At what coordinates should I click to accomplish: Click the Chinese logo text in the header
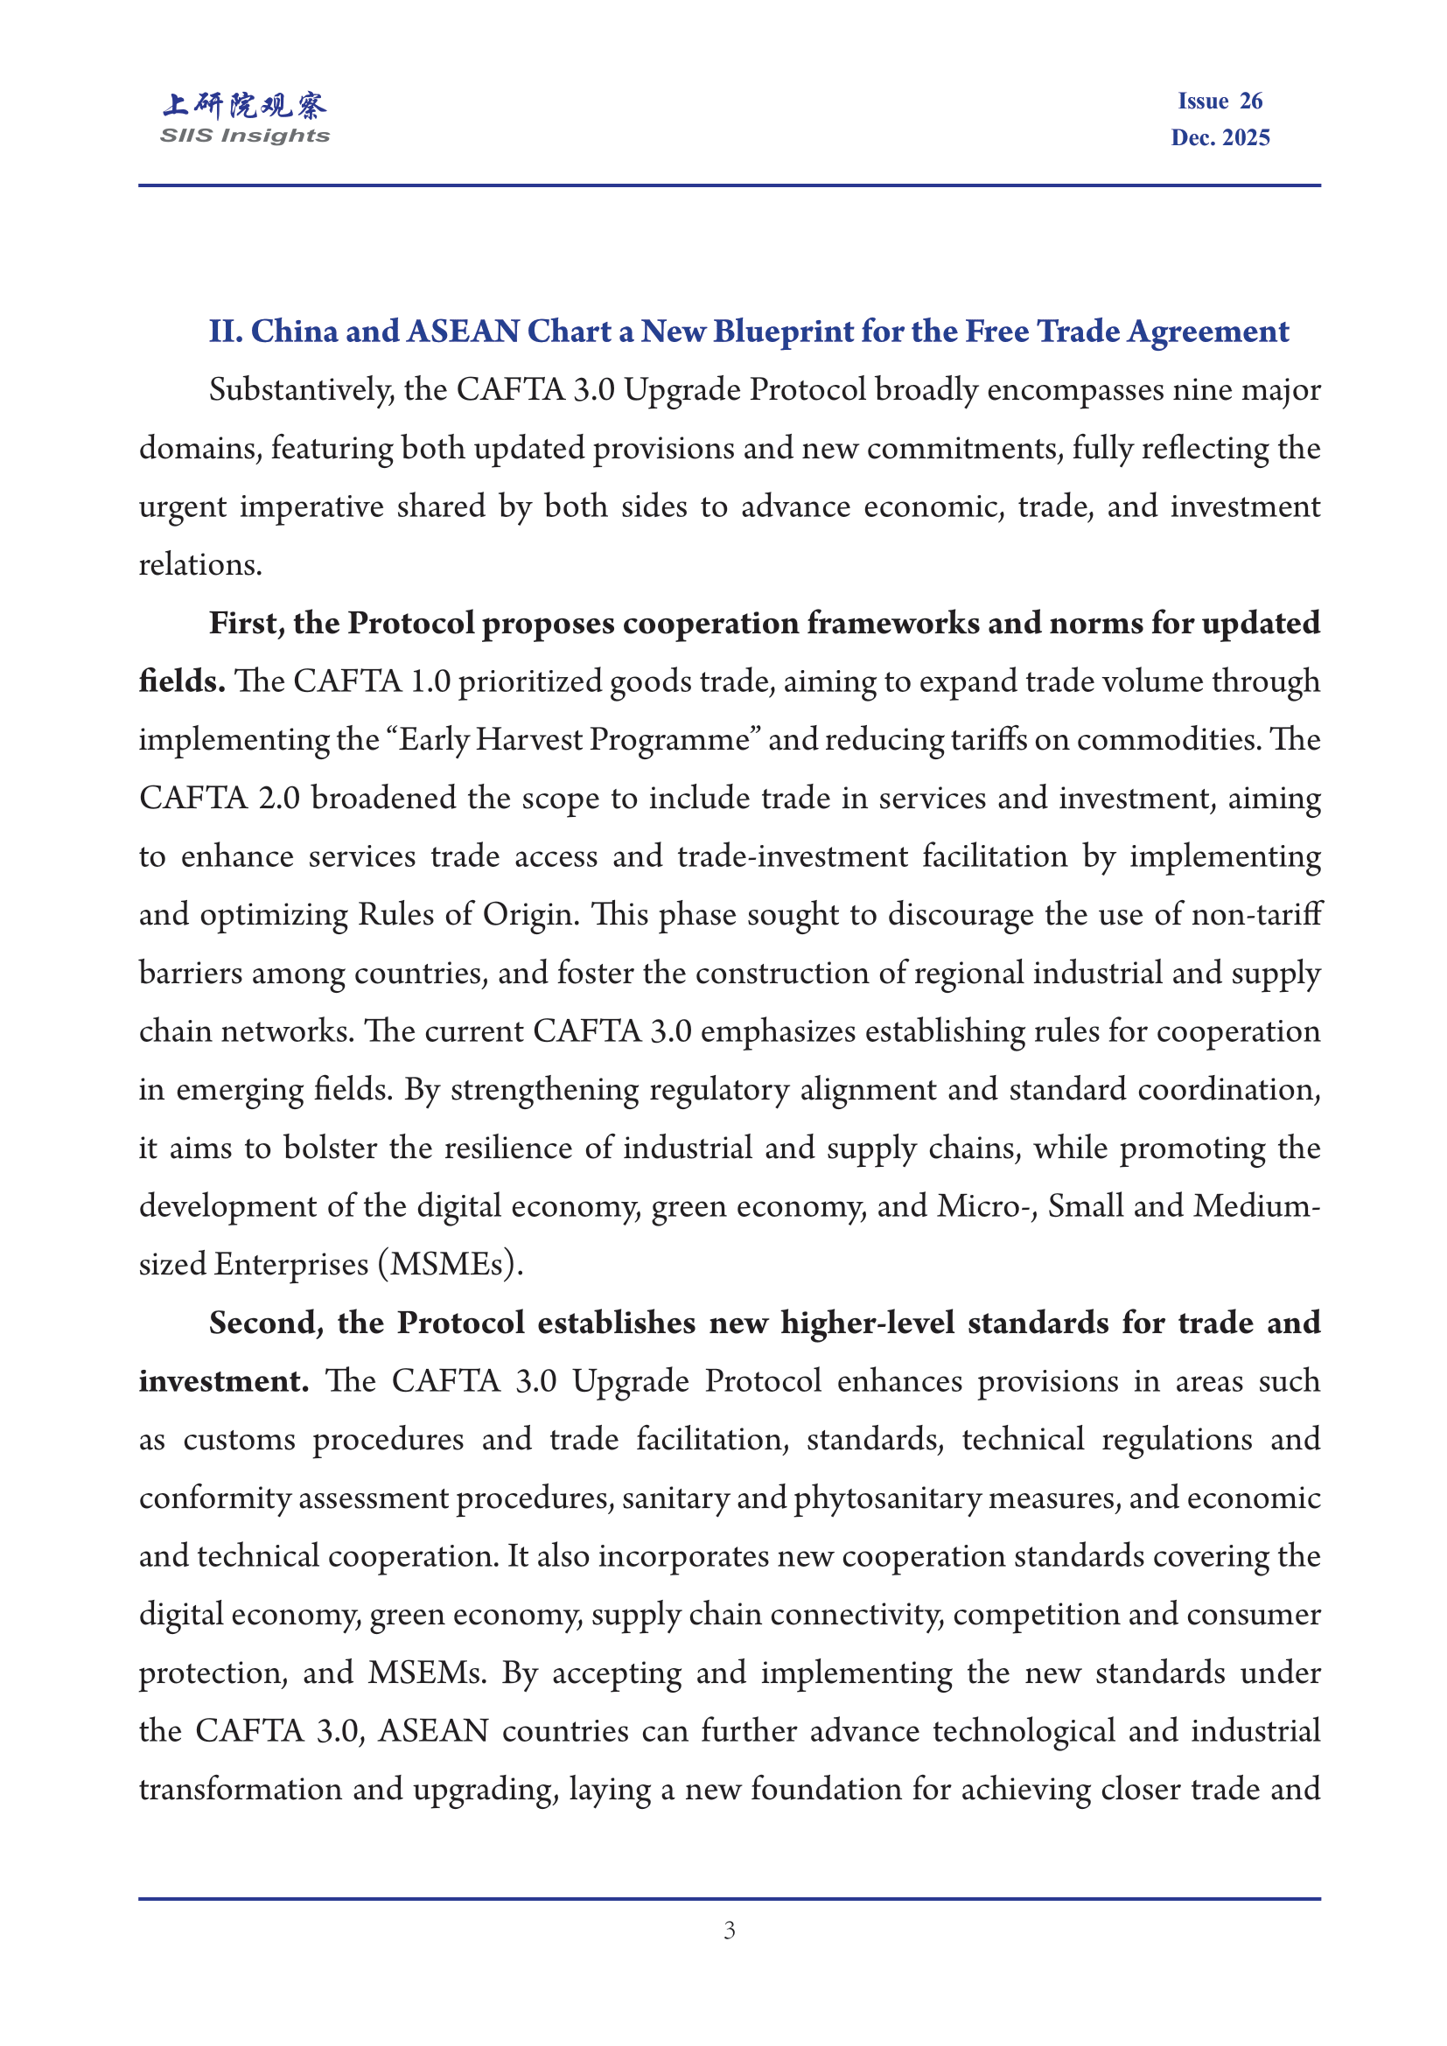244,105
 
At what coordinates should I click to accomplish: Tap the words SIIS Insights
244,136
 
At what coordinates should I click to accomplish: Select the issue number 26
1250,101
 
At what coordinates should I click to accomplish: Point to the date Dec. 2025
1220,138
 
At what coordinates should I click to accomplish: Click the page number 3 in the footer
729,1931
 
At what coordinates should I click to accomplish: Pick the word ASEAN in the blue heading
463,332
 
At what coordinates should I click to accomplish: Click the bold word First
246,623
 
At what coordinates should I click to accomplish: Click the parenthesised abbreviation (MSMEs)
450,1265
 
